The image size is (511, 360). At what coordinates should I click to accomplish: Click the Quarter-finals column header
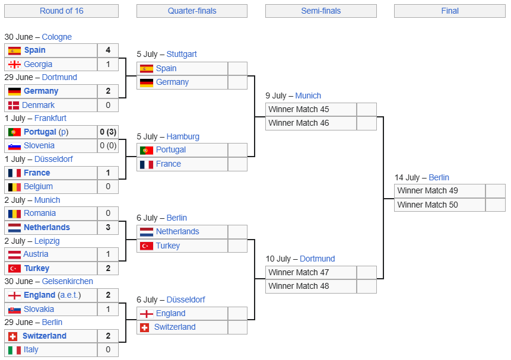click(x=192, y=11)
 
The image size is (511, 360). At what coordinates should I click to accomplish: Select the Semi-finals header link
click(x=321, y=11)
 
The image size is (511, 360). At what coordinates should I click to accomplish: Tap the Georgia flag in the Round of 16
click(x=14, y=65)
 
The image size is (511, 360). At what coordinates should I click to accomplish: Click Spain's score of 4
click(x=108, y=50)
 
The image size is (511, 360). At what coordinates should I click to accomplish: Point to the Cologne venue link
click(x=57, y=37)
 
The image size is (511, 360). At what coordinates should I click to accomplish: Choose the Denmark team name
click(x=38, y=105)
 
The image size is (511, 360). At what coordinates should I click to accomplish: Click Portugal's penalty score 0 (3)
click(x=108, y=132)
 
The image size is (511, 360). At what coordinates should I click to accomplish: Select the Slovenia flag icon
click(x=14, y=146)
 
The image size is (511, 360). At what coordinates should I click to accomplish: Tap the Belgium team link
click(x=38, y=186)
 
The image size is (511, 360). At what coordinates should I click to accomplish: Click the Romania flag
click(x=14, y=214)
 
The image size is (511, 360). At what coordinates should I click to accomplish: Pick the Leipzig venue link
click(x=47, y=241)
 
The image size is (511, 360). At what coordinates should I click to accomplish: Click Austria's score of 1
click(x=108, y=254)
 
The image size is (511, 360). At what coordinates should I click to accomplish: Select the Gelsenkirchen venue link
click(x=68, y=281)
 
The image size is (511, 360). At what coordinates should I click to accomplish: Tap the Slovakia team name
click(x=39, y=309)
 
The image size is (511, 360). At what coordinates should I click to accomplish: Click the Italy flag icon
click(x=14, y=351)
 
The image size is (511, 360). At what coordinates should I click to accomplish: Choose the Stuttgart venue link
click(x=182, y=54)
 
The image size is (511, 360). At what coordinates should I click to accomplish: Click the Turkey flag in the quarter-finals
click(x=147, y=246)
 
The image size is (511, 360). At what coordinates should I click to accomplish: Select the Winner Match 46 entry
click(x=299, y=123)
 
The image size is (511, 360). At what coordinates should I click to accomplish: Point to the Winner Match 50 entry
click(x=427, y=205)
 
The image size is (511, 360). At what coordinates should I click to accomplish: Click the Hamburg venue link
click(x=183, y=136)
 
